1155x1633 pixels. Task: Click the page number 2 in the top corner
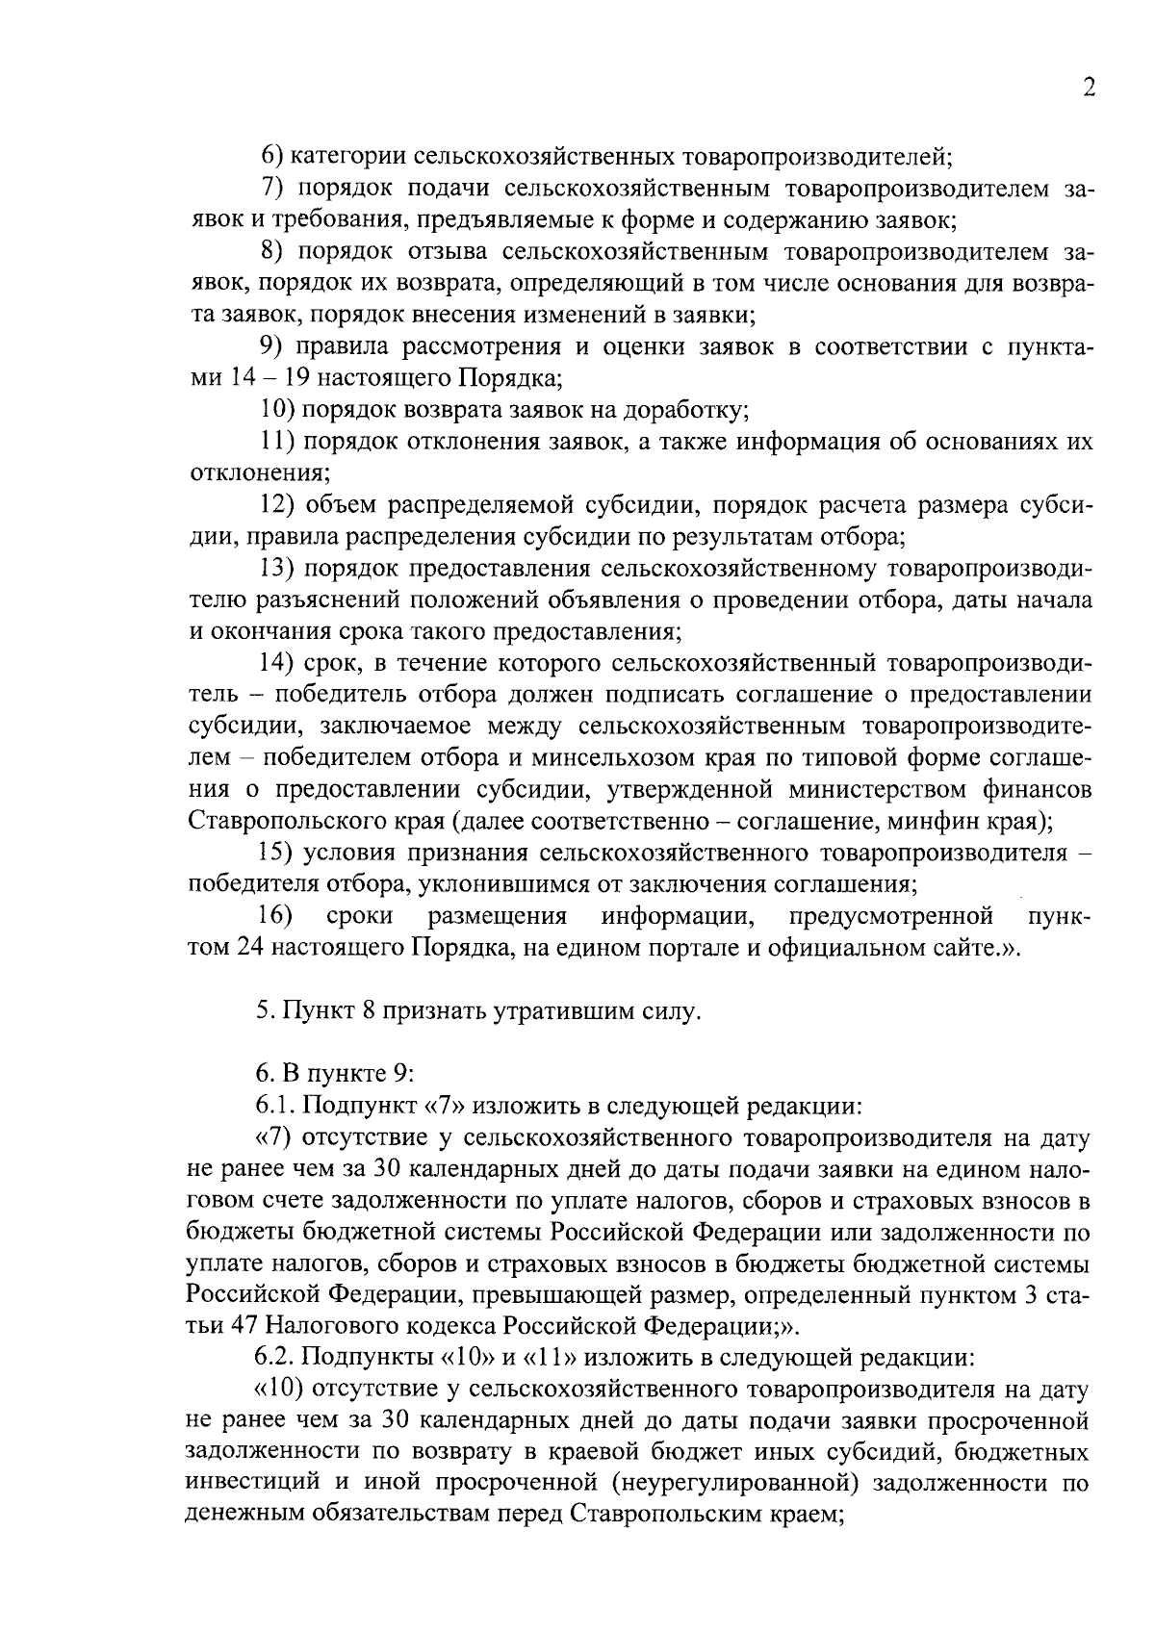click(1089, 88)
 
